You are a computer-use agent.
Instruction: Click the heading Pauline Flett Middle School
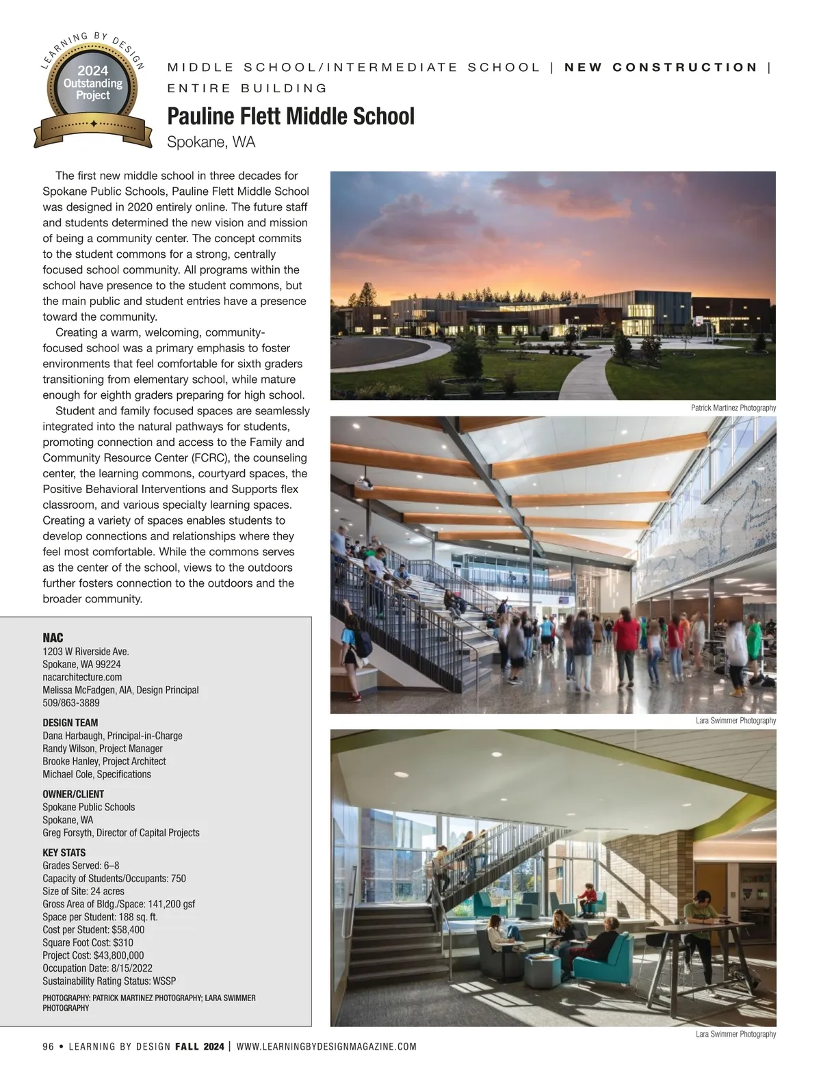coord(291,116)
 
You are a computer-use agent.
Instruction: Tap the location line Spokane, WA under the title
coord(211,142)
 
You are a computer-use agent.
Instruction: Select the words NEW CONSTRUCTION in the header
coord(661,67)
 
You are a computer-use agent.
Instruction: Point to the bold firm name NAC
coord(53,638)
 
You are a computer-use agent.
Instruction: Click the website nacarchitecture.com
coord(82,677)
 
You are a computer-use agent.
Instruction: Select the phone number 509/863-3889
coord(71,702)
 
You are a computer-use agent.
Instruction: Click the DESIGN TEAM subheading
coord(70,723)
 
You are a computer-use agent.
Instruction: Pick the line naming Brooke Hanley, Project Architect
coord(104,761)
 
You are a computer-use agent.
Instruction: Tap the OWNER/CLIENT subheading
coord(73,794)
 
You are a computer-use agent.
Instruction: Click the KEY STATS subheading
coord(64,853)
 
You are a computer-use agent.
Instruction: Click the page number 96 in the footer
coord(48,1046)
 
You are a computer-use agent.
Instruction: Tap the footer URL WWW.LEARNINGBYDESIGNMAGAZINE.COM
coord(326,1046)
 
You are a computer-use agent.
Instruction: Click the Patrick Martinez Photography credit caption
coord(733,408)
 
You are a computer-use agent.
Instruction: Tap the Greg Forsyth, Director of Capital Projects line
coord(121,833)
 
